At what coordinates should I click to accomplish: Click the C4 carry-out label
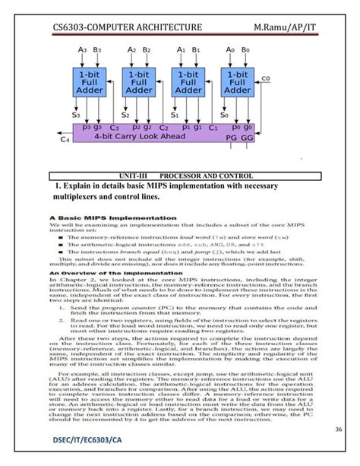click(65, 140)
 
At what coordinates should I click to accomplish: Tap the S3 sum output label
click(76, 116)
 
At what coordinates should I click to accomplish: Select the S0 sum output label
click(226, 116)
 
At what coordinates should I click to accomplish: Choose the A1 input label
click(181, 49)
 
